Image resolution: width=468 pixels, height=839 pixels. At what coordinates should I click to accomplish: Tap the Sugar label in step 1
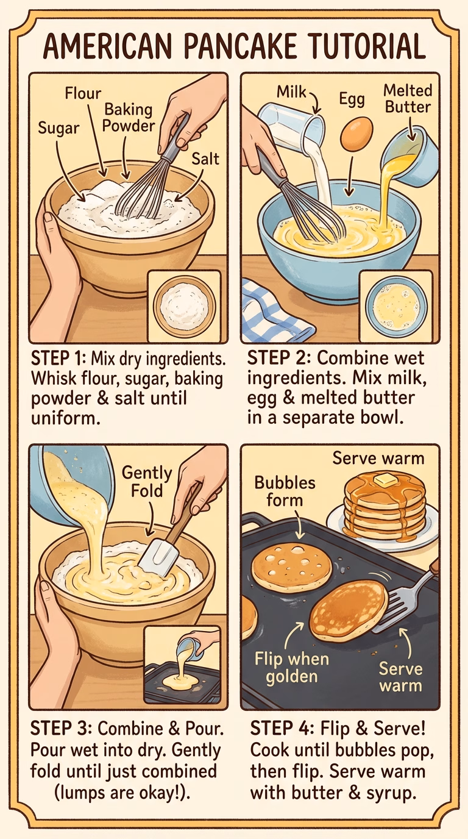click(59, 128)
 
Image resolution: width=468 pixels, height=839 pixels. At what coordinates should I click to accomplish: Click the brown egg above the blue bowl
click(356, 134)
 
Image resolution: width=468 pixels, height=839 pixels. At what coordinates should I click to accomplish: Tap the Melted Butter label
click(408, 99)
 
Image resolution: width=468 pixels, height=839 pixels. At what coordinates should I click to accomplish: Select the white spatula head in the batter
click(158, 555)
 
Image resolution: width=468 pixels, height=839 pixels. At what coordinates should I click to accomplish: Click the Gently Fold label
click(147, 481)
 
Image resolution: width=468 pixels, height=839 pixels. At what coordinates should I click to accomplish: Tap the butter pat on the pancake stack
click(385, 479)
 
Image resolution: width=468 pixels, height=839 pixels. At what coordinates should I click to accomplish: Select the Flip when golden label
click(292, 668)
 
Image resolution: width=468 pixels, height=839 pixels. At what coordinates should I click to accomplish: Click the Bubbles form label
click(285, 491)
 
